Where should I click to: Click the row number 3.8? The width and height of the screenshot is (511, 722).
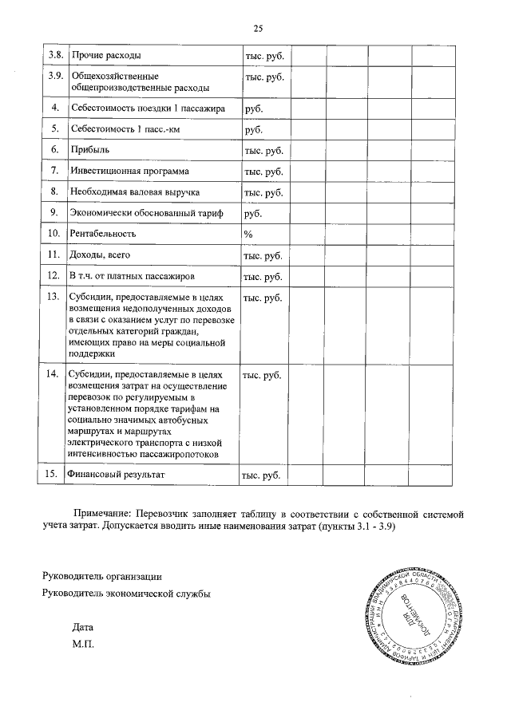tap(55, 55)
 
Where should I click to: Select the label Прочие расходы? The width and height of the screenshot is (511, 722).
tap(106, 55)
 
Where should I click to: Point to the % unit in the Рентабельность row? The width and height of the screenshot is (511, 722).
tap(248, 234)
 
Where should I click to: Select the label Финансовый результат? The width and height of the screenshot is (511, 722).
tap(117, 475)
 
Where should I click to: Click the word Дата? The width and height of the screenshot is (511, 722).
tap(82, 627)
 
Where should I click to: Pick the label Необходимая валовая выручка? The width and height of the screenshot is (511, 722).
tap(134, 192)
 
